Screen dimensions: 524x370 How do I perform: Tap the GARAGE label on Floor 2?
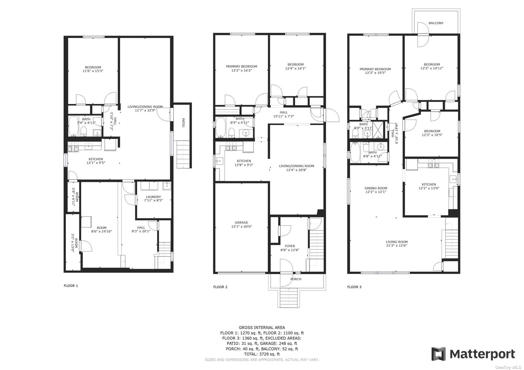coord(241,222)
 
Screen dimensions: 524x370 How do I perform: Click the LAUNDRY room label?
coord(153,197)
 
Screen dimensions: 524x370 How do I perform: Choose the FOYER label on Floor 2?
coord(290,246)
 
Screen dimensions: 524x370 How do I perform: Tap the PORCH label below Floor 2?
coord(296,279)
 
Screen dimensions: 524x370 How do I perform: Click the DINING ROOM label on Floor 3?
coord(376,188)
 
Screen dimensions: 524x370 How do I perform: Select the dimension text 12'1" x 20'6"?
coord(242,226)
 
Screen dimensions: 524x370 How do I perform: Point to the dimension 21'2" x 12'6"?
coord(397,246)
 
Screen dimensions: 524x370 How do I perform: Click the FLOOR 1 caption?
coord(71,286)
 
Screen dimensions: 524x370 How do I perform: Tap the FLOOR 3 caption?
coord(354,287)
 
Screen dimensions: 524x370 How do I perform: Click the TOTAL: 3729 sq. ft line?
coord(262,354)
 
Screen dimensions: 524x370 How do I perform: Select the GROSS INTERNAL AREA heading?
coord(262,328)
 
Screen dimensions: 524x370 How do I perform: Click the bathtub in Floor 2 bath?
coord(220,127)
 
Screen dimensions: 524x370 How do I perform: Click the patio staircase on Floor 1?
coord(183,154)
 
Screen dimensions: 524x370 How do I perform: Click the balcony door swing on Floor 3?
coord(423,31)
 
